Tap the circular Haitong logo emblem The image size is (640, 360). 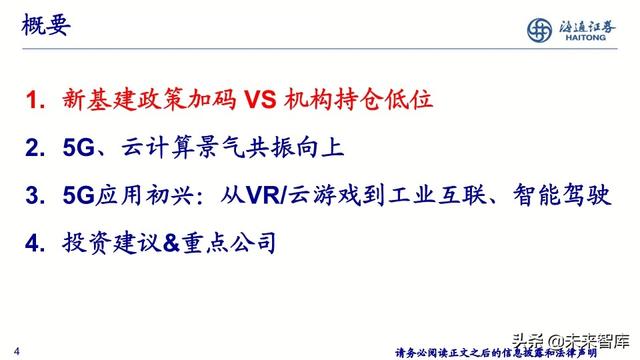coord(545,30)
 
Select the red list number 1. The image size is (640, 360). coord(37,101)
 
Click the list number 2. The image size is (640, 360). coord(37,149)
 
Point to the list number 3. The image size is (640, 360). coord(37,195)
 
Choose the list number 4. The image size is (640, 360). coord(37,242)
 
